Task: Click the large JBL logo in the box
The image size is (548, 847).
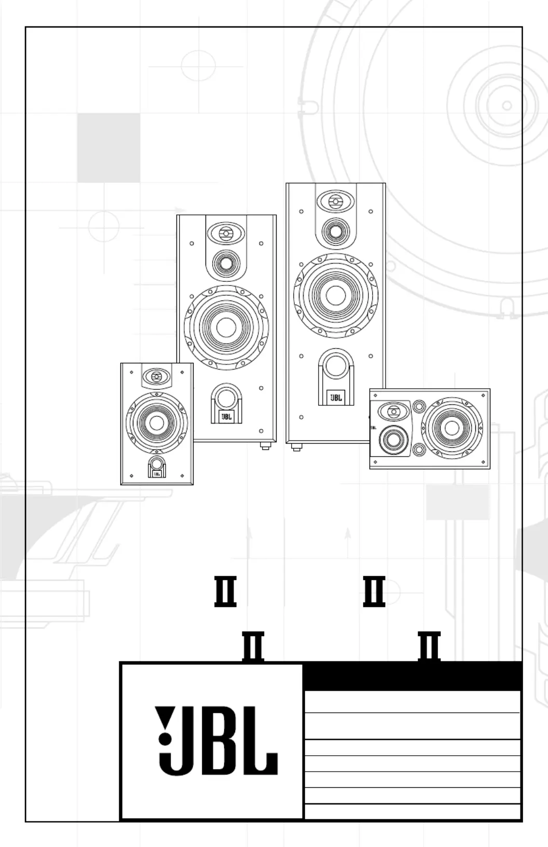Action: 216,740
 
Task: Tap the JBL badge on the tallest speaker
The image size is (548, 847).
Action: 336,398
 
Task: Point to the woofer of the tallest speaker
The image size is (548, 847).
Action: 335,295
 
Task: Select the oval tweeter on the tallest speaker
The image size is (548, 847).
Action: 336,201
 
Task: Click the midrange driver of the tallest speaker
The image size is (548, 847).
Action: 336,230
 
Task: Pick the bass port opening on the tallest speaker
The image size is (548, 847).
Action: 336,366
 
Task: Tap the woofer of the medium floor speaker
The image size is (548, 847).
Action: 226,327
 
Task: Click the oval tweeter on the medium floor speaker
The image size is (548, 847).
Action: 226,234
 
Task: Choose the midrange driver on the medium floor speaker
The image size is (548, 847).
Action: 226,263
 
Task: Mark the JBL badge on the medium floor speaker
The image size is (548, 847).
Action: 226,416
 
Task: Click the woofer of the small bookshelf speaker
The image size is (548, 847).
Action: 157,422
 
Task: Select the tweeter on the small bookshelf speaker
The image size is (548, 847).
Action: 157,376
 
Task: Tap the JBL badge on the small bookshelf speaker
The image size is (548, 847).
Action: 157,473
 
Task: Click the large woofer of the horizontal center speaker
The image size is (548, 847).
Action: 451,428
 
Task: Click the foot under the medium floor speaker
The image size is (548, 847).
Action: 265,446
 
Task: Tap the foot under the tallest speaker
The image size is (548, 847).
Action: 296,447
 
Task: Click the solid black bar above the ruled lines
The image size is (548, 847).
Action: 413,676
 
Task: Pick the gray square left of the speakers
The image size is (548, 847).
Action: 108,148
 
